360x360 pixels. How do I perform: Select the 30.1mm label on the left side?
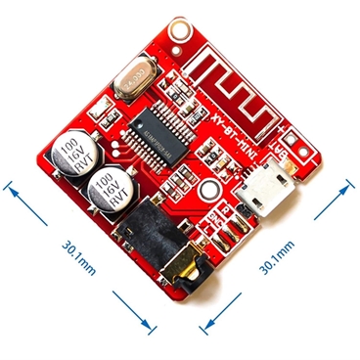[x=78, y=256]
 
